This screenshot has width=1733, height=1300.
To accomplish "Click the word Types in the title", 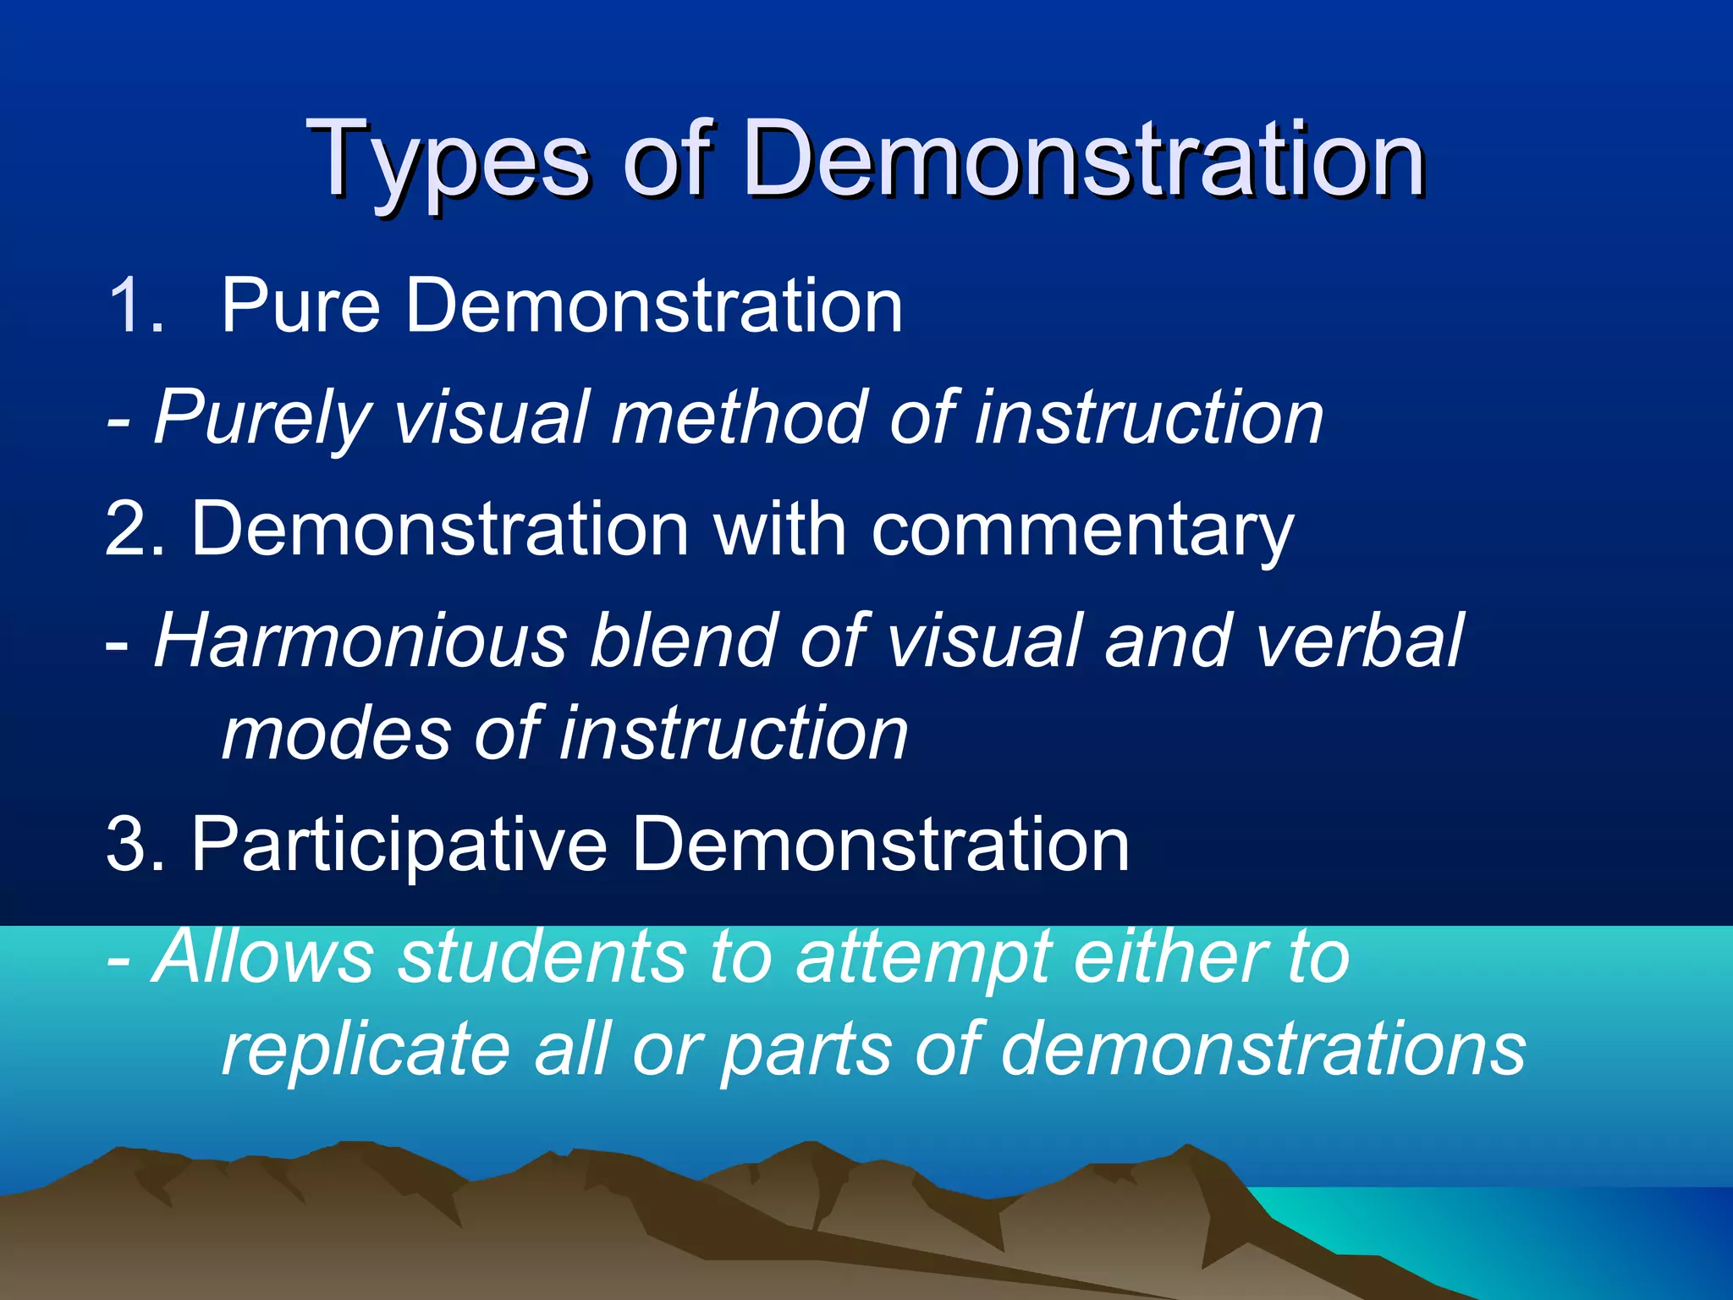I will pos(448,161).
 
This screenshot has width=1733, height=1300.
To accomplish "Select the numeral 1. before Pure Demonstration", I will pos(135,306).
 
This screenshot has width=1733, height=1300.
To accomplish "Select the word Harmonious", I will pos(360,641).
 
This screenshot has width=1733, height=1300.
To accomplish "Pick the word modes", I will pos(336,734).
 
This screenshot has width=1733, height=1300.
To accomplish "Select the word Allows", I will pos(262,956).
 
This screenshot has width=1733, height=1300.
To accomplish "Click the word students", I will pos(542,956).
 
